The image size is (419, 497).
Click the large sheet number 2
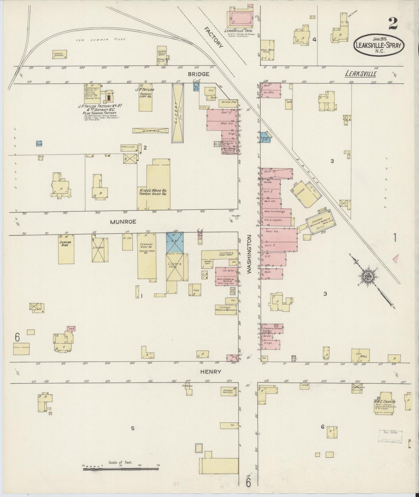tap(393, 23)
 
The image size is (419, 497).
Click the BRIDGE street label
tap(198, 74)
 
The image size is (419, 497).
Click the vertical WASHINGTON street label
tap(249, 254)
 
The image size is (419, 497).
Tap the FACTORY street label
tap(214, 37)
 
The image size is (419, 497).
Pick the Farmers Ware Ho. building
tap(147, 256)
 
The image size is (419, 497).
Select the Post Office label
tap(228, 148)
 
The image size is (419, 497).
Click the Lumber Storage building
tap(60, 54)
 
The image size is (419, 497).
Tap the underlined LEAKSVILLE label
tap(360, 74)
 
